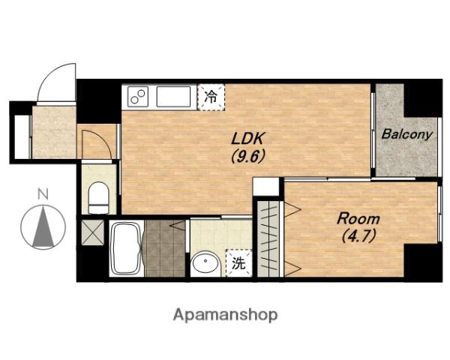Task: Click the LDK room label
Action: pyautogui.click(x=247, y=139)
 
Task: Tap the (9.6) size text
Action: pyautogui.click(x=247, y=157)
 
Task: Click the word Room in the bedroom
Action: pyautogui.click(x=358, y=219)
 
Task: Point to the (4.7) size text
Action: pyautogui.click(x=358, y=236)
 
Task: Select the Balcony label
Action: pyautogui.click(x=406, y=134)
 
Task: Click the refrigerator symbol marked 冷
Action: pyautogui.click(x=211, y=97)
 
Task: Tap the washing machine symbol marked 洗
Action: pyautogui.click(x=238, y=263)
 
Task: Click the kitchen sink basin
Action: pyautogui.click(x=173, y=97)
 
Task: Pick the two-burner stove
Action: pyautogui.click(x=138, y=97)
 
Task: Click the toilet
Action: pyautogui.click(x=98, y=198)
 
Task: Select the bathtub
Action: pyautogui.click(x=126, y=249)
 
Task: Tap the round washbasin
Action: pyautogui.click(x=205, y=263)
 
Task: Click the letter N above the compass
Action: pyautogui.click(x=43, y=194)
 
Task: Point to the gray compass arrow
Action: pyautogui.click(x=43, y=227)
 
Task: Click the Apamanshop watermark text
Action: pyautogui.click(x=225, y=315)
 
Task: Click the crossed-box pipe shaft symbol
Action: pyautogui.click(x=93, y=232)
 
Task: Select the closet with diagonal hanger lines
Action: pyautogui.click(x=268, y=238)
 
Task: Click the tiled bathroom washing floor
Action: pyautogui.click(x=165, y=248)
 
